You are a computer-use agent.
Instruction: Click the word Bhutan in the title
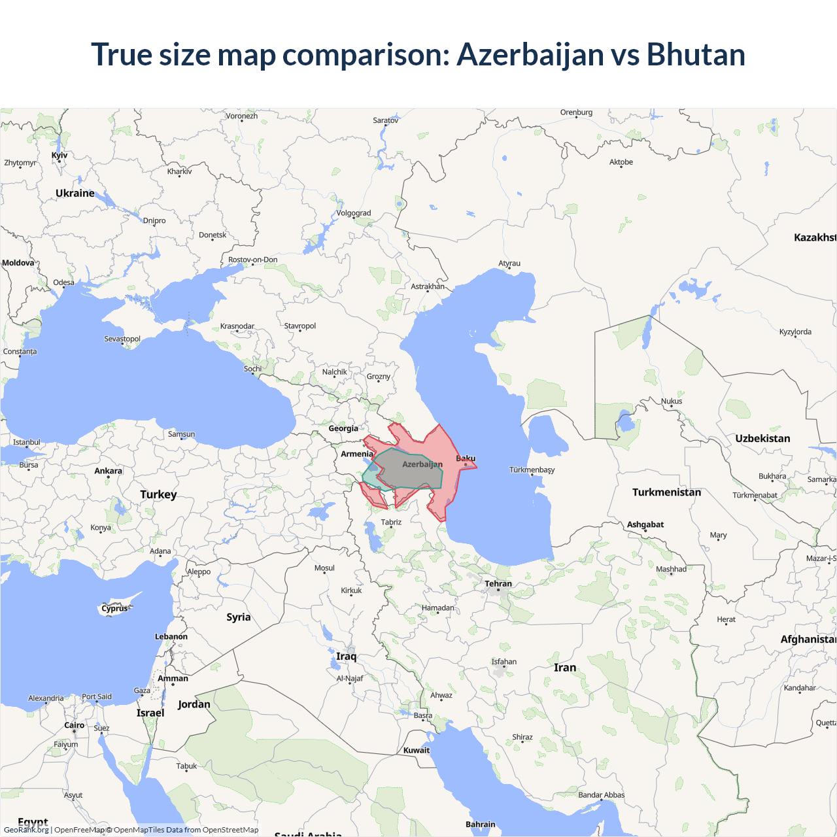tap(696, 54)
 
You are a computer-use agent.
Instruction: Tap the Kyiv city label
tap(60, 156)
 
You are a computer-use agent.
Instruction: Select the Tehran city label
tap(498, 584)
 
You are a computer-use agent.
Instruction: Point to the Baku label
tap(466, 458)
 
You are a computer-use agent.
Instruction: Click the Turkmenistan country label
tap(666, 492)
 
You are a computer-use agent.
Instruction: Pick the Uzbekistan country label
tap(762, 439)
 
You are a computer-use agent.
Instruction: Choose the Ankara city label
tap(108, 471)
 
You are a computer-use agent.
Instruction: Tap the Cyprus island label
tap(115, 609)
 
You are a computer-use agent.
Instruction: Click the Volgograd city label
tap(354, 213)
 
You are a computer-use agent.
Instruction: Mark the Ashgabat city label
tap(645, 524)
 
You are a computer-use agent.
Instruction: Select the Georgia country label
tap(343, 429)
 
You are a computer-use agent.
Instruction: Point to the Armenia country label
tap(356, 454)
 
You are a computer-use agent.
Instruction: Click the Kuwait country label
tap(417, 750)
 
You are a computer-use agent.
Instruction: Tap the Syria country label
tap(238, 617)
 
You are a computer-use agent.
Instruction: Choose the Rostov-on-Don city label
tap(253, 260)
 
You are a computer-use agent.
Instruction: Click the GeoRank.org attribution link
tap(26, 830)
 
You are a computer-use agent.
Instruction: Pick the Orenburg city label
tap(576, 112)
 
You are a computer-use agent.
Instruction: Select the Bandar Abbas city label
tap(601, 795)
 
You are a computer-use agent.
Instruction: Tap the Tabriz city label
tap(391, 522)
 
